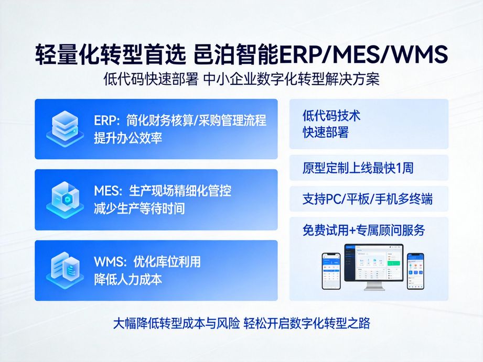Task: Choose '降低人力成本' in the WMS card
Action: pyautogui.click(x=128, y=279)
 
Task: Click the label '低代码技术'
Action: pyautogui.click(x=331, y=116)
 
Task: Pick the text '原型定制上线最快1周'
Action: pyautogui.click(x=358, y=168)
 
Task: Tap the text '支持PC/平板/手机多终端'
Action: pyautogui.click(x=367, y=199)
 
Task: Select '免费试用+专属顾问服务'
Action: pyautogui.click(x=363, y=230)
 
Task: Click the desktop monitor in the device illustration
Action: pyautogui.click(x=374, y=265)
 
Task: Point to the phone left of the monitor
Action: pyautogui.click(x=331, y=270)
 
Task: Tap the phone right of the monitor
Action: pyautogui.click(x=415, y=270)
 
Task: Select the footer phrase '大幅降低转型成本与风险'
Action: pyautogui.click(x=176, y=323)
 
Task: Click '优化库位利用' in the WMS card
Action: pyautogui.click(x=147, y=261)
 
